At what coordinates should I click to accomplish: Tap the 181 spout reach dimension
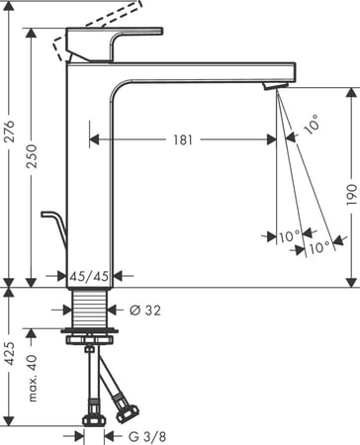183,139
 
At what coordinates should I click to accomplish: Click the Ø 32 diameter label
144,310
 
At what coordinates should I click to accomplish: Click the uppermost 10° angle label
313,127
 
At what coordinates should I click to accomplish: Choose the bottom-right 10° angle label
318,247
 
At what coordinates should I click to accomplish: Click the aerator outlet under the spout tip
273,89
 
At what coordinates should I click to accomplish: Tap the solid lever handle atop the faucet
124,44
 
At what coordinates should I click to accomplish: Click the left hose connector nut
91,407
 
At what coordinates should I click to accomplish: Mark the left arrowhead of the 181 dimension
95,139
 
